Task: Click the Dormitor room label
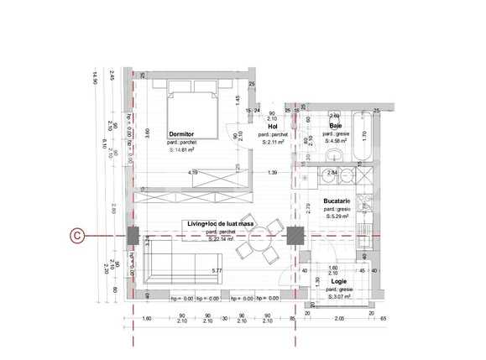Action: coord(182,134)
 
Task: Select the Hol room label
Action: coord(273,127)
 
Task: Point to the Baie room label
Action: coord(335,126)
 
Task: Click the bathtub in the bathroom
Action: coord(363,135)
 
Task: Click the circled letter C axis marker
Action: coord(76,237)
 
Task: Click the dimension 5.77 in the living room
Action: coord(217,270)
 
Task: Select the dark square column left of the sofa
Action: coord(133,237)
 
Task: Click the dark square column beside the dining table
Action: coord(294,237)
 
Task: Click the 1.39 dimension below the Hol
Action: coord(272,173)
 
